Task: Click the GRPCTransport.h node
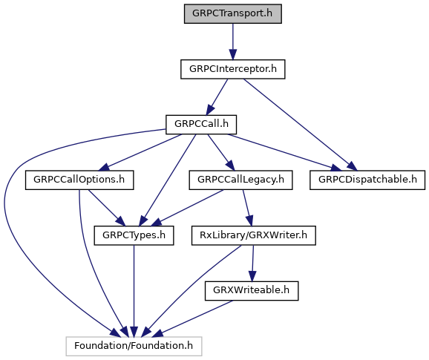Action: pos(233,13)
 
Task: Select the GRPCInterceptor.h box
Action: pos(233,69)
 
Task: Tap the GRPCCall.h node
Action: pos(201,125)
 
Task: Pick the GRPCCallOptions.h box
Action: pos(79,180)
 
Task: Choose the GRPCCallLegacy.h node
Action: pos(240,180)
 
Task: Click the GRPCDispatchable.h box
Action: pos(367,180)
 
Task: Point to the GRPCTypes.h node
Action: pos(134,235)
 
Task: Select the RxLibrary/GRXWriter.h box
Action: pos(254,235)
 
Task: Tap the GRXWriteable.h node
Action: pos(252,291)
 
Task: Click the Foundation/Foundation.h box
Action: pos(134,346)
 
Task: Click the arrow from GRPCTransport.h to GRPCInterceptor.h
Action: pos(233,42)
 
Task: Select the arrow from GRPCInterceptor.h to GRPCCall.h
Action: pos(217,96)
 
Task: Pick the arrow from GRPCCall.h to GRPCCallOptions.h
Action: pos(140,152)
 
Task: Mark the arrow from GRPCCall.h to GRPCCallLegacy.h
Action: pos(221,152)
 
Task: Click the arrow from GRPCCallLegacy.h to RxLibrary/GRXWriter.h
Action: pos(248,208)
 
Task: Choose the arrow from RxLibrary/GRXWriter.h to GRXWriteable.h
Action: pos(252,264)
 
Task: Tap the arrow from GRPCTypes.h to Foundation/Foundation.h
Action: pos(134,291)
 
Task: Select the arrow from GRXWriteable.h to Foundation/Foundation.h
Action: pos(193,318)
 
